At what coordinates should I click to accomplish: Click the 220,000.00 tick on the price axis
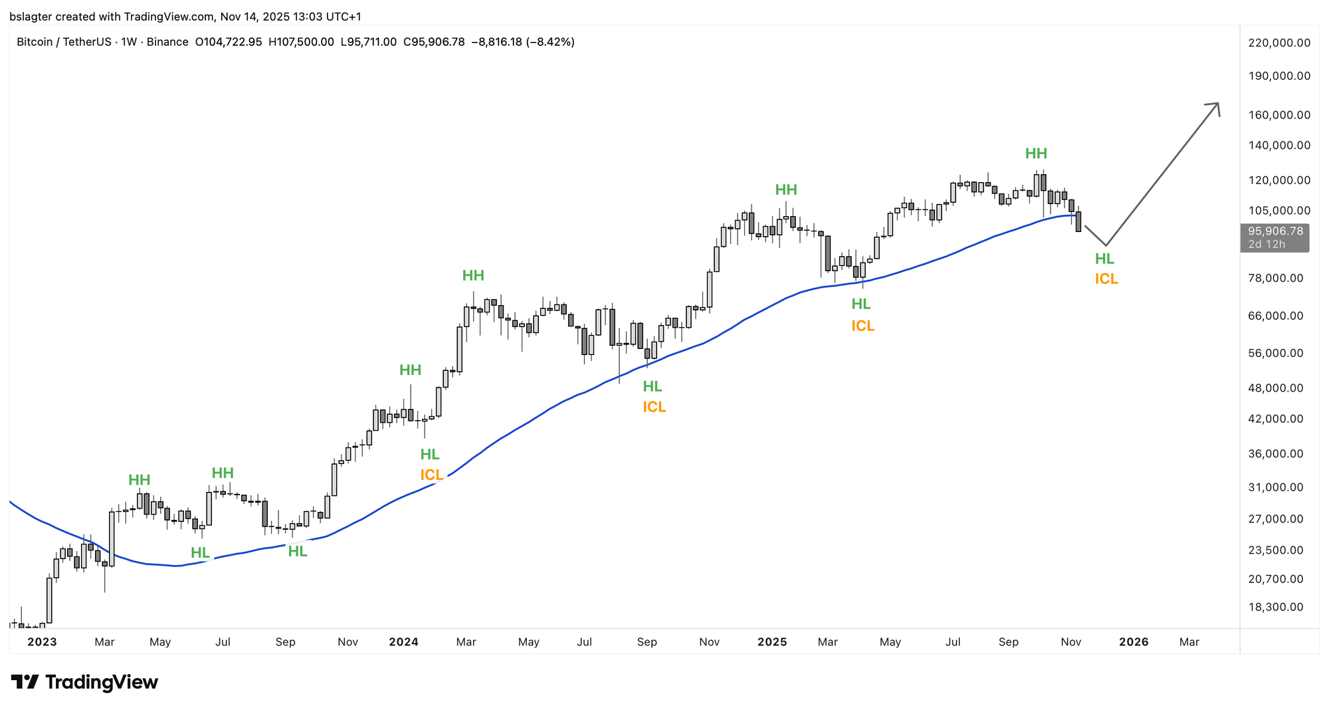1279,43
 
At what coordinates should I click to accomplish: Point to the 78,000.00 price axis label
1276,278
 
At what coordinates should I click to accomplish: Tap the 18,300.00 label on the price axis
1276,607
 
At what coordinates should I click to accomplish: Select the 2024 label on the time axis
403,642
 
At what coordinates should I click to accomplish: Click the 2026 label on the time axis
1134,642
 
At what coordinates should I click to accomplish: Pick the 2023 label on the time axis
42,642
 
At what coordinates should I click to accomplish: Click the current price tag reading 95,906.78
1275,231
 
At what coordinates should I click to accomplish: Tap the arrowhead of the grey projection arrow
1215,106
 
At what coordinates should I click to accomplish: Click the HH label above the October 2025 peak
1036,154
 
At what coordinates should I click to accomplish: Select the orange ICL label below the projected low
1106,279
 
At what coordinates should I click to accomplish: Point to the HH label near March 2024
473,275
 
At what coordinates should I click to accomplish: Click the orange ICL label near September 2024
654,407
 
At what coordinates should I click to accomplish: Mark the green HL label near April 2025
861,304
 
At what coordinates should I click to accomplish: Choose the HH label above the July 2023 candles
223,473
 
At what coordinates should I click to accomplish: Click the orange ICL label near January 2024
431,475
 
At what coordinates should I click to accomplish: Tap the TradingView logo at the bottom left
84,682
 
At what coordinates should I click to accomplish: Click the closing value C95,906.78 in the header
434,42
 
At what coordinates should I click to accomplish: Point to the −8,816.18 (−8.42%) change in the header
523,42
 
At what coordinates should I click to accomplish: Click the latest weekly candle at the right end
1078,221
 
